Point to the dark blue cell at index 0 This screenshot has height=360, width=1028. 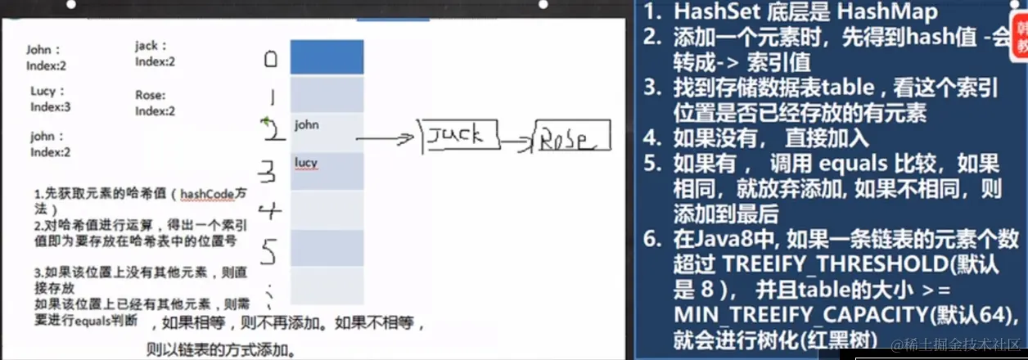327,57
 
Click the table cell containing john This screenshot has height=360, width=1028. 327,132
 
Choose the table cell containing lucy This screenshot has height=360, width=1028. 327,170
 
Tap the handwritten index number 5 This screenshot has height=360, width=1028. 270,246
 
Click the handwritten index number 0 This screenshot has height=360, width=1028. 271,59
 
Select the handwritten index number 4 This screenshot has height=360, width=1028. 270,212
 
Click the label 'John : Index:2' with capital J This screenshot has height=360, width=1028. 47,56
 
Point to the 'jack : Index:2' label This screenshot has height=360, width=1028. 155,54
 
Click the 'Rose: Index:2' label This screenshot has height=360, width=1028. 155,103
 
